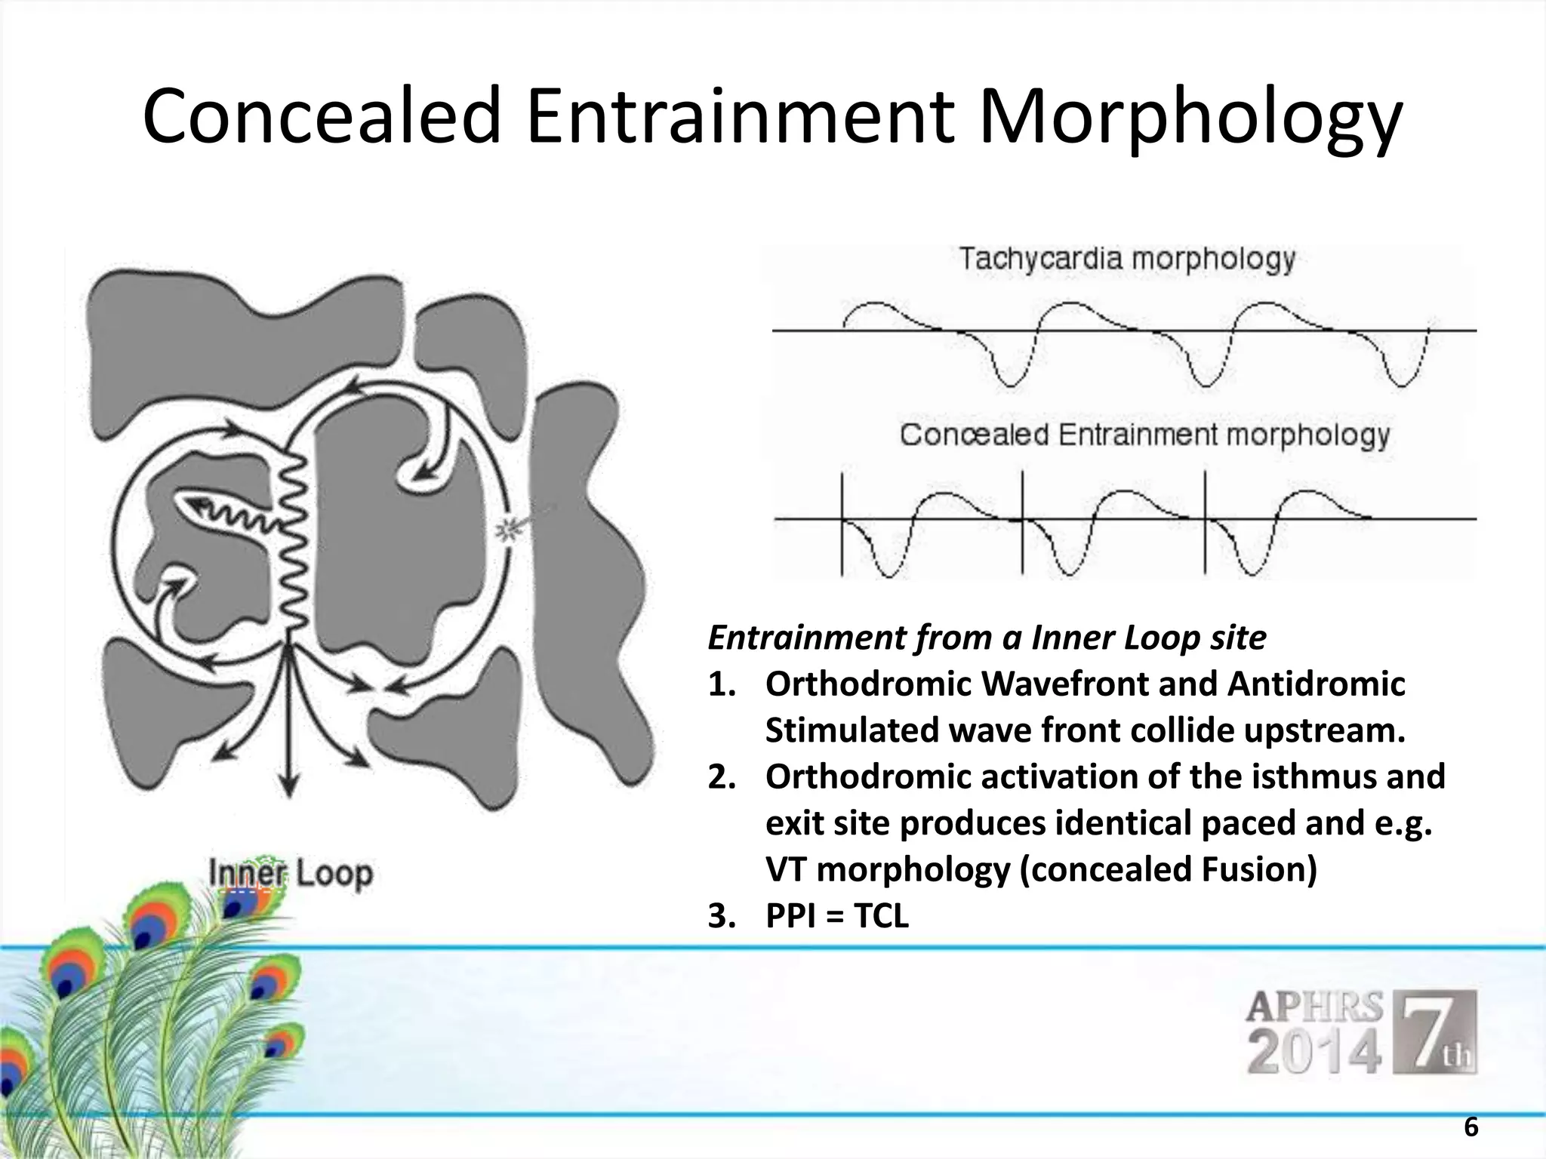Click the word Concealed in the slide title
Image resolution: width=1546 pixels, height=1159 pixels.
click(322, 117)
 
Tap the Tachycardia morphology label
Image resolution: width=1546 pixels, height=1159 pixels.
click(1126, 260)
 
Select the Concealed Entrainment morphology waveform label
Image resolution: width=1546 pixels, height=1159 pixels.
click(1144, 435)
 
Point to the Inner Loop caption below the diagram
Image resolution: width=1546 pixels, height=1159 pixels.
click(291, 874)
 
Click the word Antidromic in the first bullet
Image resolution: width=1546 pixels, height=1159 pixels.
click(1316, 684)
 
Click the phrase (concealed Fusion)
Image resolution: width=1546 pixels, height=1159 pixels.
click(1168, 869)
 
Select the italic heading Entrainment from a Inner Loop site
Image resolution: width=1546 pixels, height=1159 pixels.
click(987, 638)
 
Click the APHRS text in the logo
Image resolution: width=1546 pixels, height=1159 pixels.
click(1314, 1007)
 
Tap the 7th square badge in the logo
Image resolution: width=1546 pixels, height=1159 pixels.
click(1439, 1031)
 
